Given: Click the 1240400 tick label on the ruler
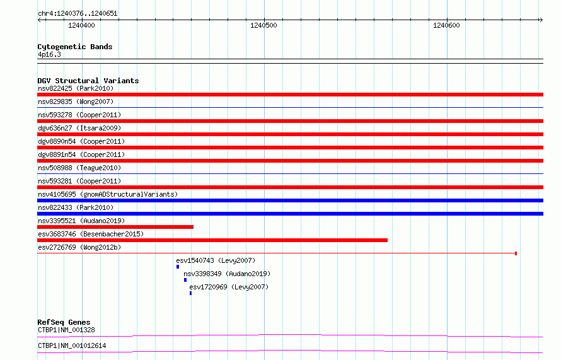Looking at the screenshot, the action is coord(81,25).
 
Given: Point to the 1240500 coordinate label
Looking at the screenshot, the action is coord(263,25).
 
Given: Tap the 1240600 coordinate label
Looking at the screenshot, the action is coord(446,25).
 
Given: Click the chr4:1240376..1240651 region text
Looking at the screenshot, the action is coord(78,14).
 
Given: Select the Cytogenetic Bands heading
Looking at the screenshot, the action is coord(75,47).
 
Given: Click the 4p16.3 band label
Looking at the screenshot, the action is coord(49,54).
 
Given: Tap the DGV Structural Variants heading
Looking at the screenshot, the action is coord(88,81).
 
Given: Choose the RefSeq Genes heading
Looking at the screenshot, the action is coord(64,322).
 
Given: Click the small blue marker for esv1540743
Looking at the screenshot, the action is coord(178,267).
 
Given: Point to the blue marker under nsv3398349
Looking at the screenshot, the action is coord(185,280).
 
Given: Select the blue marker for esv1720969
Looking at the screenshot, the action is coord(191,293).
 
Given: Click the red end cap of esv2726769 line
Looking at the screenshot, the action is coord(516,253).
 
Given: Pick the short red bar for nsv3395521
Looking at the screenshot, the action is coord(115,227).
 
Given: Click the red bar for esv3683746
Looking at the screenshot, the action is coord(212,240).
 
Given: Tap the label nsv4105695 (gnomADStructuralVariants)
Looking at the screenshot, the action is coord(108,194).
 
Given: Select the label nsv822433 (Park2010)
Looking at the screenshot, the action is coord(76,207).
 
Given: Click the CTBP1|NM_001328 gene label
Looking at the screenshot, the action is coord(66,330).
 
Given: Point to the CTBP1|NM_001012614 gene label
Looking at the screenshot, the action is coord(72,345).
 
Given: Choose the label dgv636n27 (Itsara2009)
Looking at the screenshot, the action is coord(79,128).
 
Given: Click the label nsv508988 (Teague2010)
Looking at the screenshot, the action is coord(79,168).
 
